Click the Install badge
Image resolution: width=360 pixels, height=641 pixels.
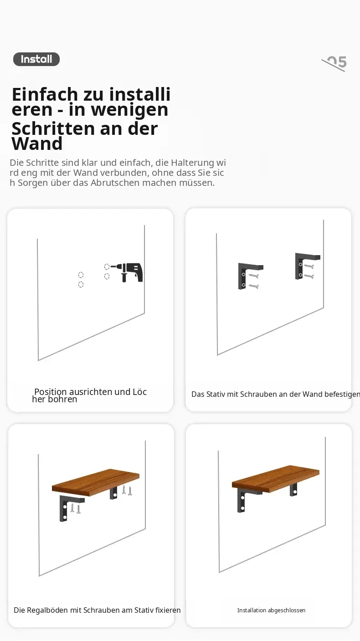tap(36, 59)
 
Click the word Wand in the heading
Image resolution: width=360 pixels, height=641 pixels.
tap(37, 144)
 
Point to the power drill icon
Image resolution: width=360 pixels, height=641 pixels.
tap(129, 272)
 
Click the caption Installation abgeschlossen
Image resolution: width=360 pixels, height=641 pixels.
tap(271, 610)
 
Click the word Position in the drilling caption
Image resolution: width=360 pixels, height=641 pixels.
tap(51, 391)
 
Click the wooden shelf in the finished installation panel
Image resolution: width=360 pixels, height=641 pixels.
tap(276, 479)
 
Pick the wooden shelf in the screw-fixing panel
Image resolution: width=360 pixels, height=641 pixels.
tap(96, 482)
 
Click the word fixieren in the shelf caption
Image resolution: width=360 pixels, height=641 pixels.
tap(168, 610)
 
